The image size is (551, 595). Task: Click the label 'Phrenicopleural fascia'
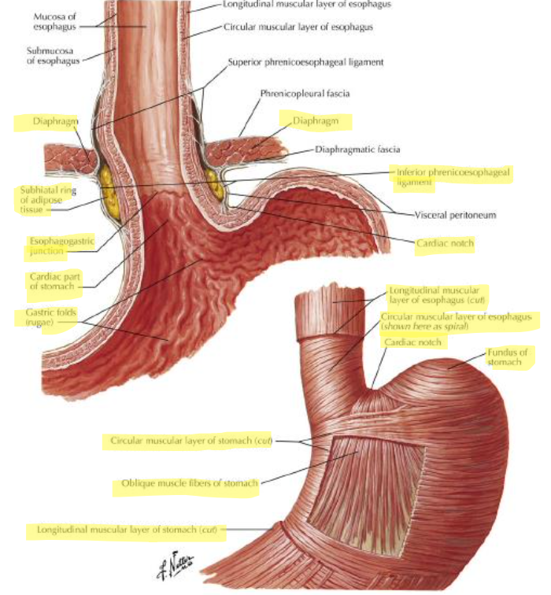(x=305, y=94)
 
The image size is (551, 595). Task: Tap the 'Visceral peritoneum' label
(x=455, y=215)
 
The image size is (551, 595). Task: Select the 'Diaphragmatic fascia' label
(x=357, y=150)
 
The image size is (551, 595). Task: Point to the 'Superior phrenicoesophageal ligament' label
(x=305, y=62)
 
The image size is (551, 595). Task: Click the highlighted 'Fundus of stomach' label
(x=508, y=357)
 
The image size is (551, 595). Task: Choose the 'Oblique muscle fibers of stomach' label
(x=190, y=483)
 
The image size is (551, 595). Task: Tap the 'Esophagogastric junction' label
(x=61, y=246)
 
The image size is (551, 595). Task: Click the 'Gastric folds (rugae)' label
(x=51, y=317)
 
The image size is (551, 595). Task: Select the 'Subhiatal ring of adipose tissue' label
(x=48, y=200)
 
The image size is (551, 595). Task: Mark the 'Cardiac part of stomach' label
(x=54, y=281)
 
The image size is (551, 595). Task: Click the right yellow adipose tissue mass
(x=213, y=185)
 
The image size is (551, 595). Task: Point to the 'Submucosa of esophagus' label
(x=53, y=56)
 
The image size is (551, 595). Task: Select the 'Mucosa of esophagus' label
(x=54, y=21)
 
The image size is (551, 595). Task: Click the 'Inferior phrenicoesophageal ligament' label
(x=453, y=177)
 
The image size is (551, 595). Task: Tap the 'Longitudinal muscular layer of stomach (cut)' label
(x=127, y=530)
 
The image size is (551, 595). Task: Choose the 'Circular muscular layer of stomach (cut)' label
(x=191, y=441)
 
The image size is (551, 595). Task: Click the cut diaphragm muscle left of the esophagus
(x=69, y=158)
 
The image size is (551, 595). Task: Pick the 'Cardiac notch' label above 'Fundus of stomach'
(x=412, y=342)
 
